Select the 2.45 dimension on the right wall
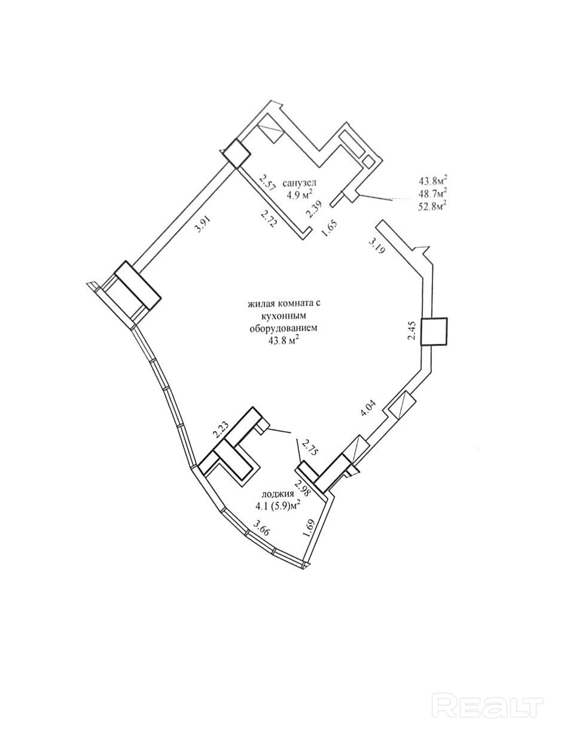click(412, 331)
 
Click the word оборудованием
click(283, 328)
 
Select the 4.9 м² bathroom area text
click(300, 195)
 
